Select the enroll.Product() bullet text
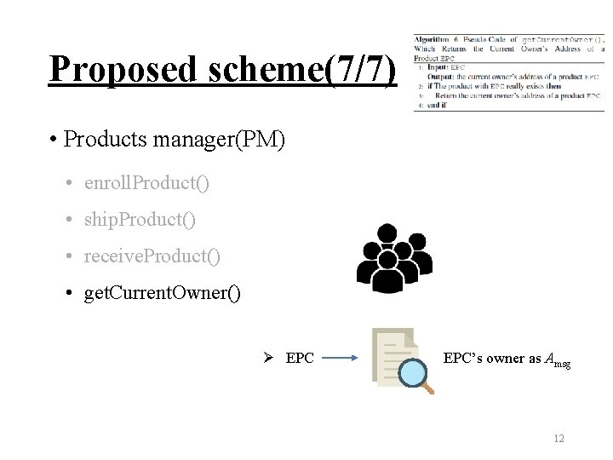tap(146, 183)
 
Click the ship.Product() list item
tap(140, 220)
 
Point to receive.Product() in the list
tap(152, 256)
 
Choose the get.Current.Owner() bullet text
tap(162, 294)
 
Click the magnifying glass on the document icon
tap(415, 372)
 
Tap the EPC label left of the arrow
tap(300, 359)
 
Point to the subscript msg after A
tap(563, 363)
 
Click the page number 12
tap(559, 439)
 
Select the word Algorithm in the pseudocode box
tap(431, 40)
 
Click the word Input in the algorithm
tap(437, 66)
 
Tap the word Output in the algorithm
tap(441, 77)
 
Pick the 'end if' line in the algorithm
tap(435, 106)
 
